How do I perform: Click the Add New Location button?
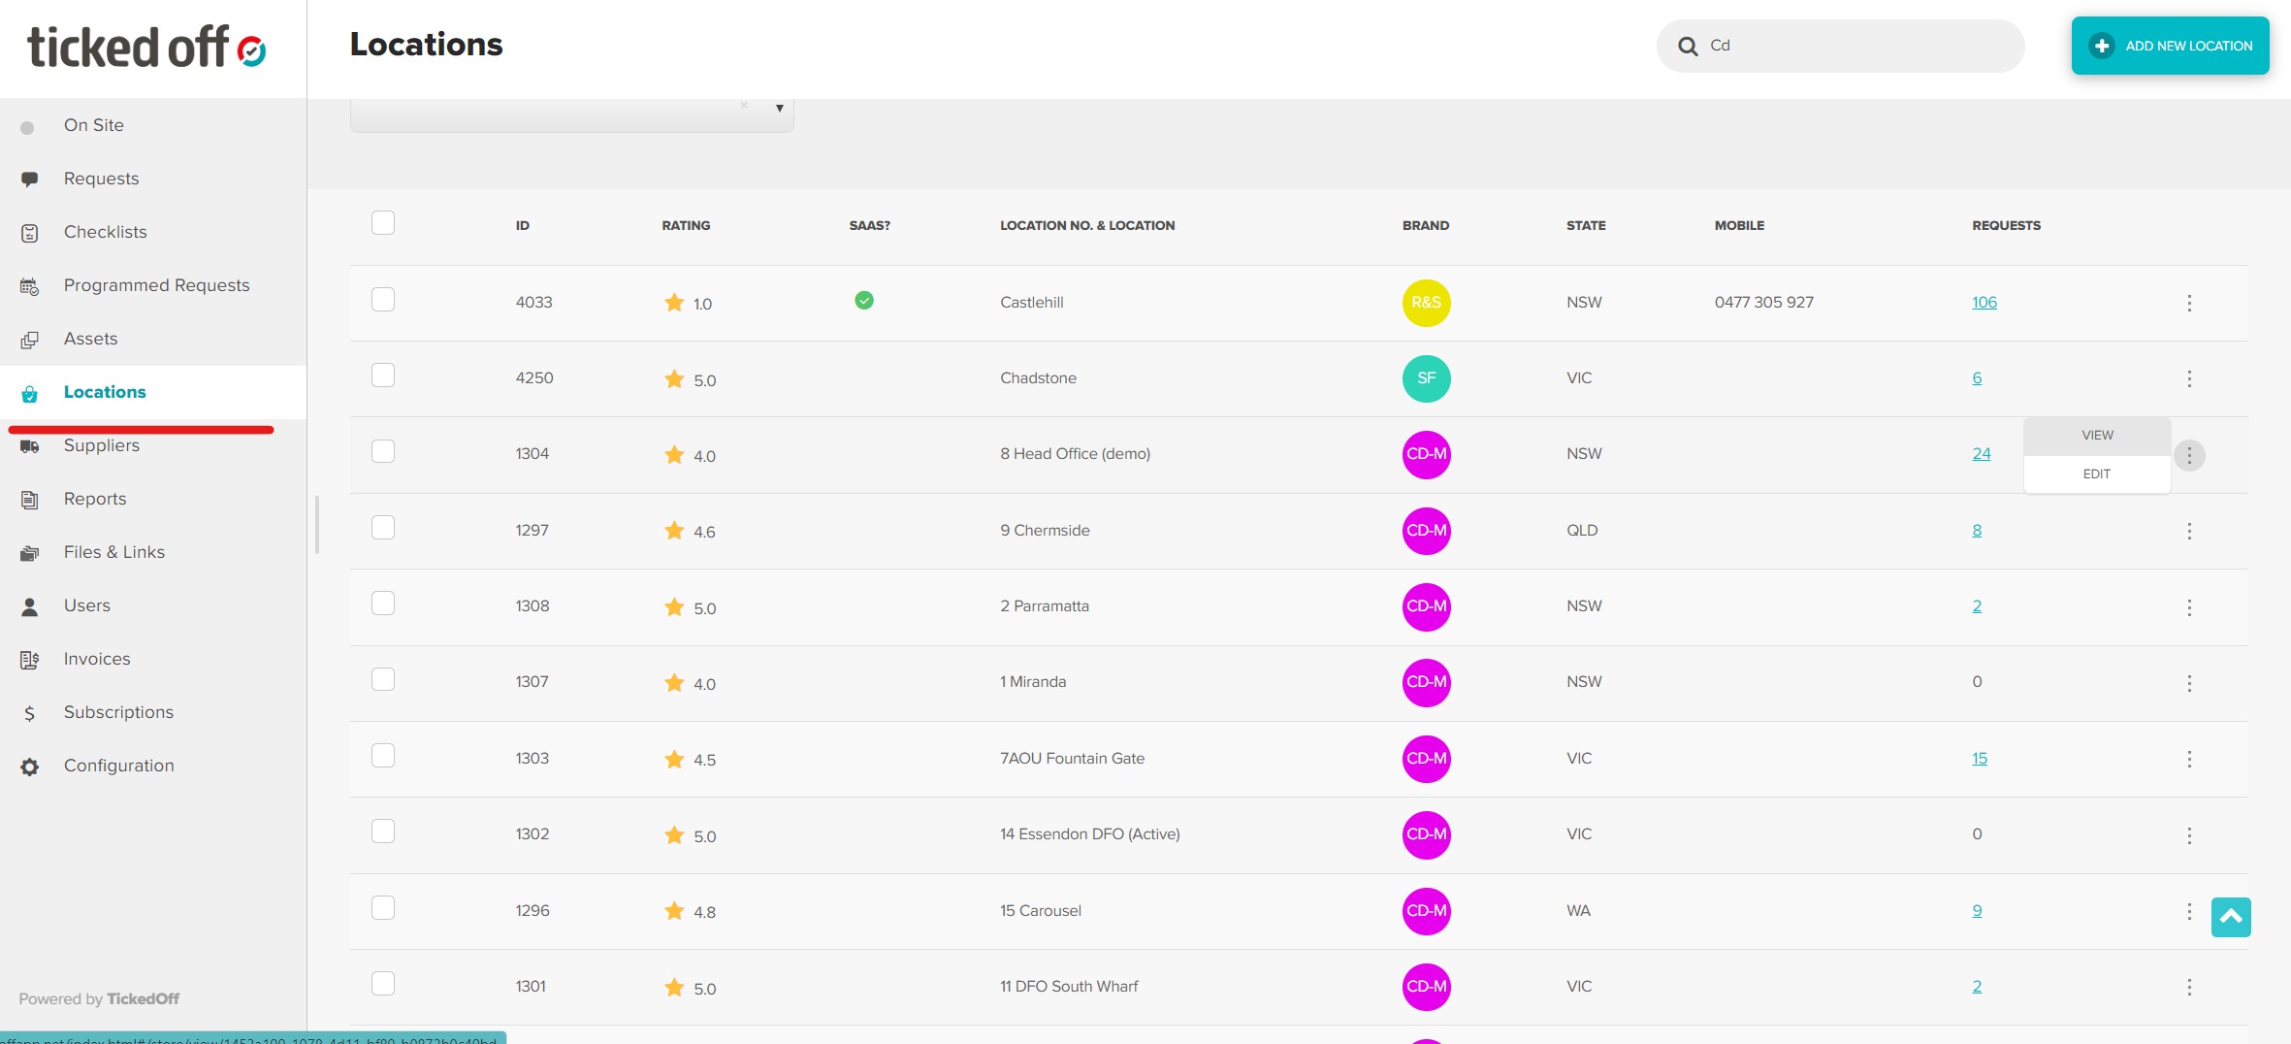[x=2170, y=46]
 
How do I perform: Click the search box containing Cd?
[x=1853, y=46]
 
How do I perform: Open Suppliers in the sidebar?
[x=102, y=445]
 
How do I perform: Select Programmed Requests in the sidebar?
[x=156, y=285]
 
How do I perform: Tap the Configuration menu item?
[x=118, y=766]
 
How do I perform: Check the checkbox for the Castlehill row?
[x=383, y=300]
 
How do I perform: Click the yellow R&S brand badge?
[x=1426, y=303]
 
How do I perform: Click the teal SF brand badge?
[x=1426, y=378]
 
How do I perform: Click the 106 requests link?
[x=1984, y=303]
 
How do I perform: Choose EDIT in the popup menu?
[x=2096, y=474]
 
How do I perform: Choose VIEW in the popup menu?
[x=2097, y=436]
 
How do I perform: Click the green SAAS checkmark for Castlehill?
[x=863, y=301]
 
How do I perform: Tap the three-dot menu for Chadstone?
[x=2188, y=378]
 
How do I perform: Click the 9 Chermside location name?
[x=1045, y=531]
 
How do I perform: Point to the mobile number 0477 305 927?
[x=1763, y=303]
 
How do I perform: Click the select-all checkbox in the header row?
[x=383, y=223]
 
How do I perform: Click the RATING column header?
[x=686, y=226]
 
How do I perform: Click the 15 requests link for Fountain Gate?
[x=1979, y=759]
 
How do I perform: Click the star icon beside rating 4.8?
[x=674, y=911]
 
